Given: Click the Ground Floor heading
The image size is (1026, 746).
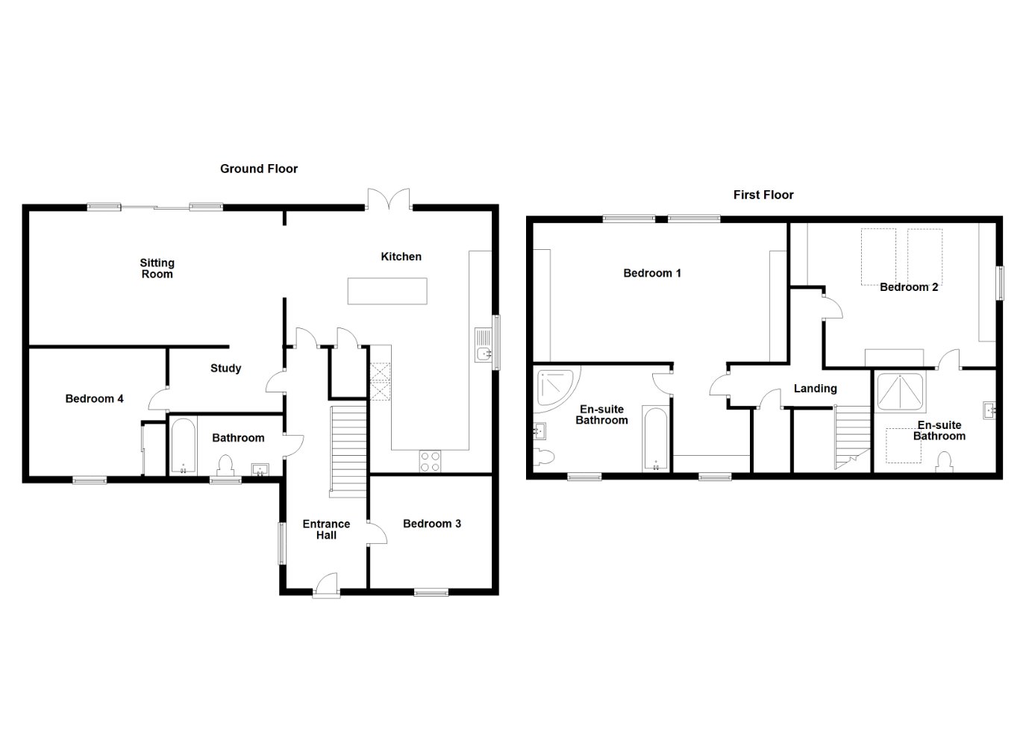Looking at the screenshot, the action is point(259,169).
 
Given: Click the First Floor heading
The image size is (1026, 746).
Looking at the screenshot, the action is point(763,195).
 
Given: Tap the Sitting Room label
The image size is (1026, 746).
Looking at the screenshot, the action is point(157,269).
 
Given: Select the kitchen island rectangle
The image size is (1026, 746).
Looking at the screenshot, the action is point(387,291).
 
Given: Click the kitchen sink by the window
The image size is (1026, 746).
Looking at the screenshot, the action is point(483,345).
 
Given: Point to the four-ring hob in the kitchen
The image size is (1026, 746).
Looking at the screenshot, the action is point(430,461).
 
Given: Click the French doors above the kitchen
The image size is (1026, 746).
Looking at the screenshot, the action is point(389,199).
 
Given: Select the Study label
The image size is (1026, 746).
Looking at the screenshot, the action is point(225,369).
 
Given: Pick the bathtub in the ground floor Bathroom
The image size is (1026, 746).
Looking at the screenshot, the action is point(184,446).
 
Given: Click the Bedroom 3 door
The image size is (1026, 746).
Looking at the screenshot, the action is point(377,533).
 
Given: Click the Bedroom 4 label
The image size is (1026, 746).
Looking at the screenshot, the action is point(94,399).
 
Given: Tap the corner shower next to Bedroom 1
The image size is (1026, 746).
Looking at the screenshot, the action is point(556,387).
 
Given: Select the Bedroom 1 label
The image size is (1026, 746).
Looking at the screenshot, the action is point(652,273).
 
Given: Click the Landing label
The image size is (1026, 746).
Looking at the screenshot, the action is point(816,389).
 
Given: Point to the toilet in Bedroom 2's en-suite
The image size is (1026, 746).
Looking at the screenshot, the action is point(944,462).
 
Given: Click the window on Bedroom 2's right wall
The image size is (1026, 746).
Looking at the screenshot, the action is point(1001,283).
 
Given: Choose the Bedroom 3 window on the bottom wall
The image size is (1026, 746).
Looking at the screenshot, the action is point(431,592).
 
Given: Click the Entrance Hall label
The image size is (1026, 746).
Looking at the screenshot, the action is point(326,530).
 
